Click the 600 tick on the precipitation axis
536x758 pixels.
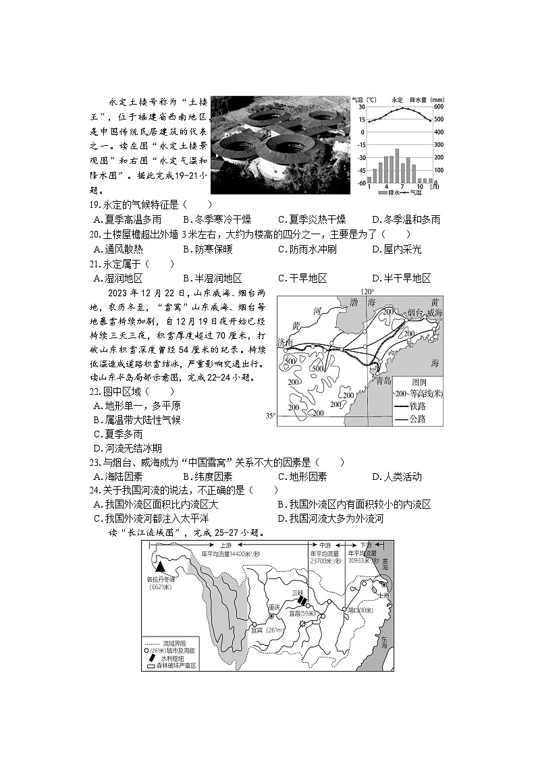(439, 107)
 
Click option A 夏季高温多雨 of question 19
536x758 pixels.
(128, 219)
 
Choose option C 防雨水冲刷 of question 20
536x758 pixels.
(307, 249)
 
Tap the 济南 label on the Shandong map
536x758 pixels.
(285, 344)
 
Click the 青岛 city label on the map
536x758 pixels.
(383, 380)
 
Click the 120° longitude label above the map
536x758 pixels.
(367, 292)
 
